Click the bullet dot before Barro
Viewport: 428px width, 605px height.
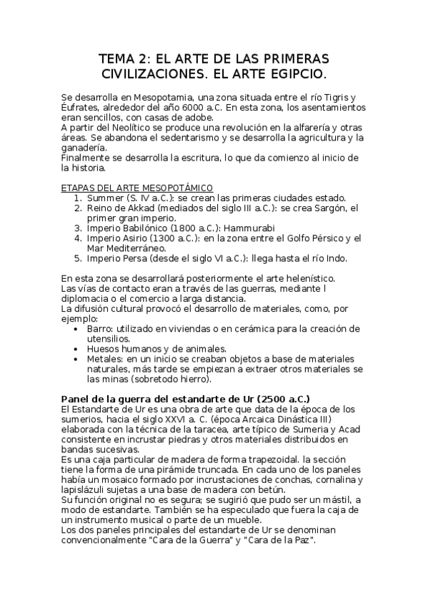pos(78,327)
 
